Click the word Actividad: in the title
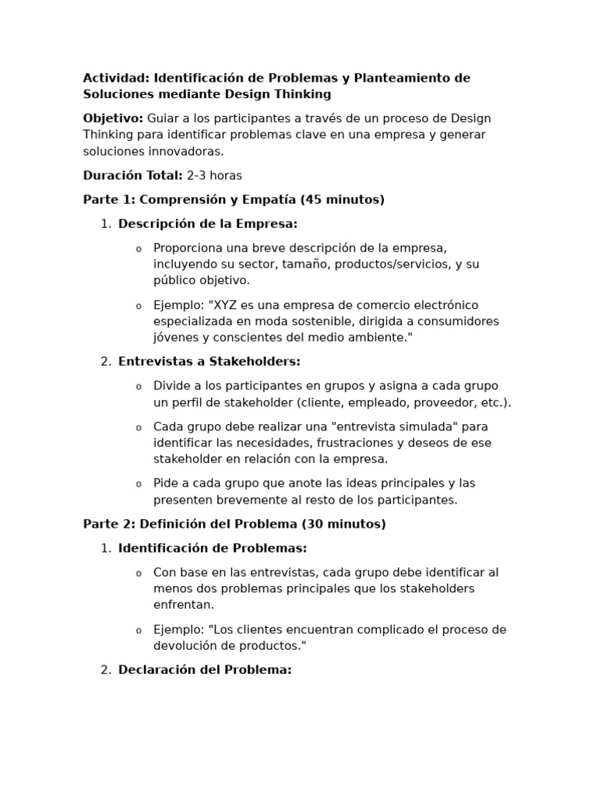pos(116,78)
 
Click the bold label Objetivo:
pos(113,118)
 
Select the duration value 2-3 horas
pos(214,176)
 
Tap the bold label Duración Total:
pos(132,176)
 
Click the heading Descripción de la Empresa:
pos(208,224)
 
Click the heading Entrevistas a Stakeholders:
pos(209,362)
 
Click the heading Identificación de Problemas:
pos(213,548)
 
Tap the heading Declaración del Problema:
pos(205,670)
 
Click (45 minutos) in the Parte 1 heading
pos(343,200)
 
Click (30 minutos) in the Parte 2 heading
pos(343,525)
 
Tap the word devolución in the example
pos(188,646)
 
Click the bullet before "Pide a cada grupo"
pos(139,484)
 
